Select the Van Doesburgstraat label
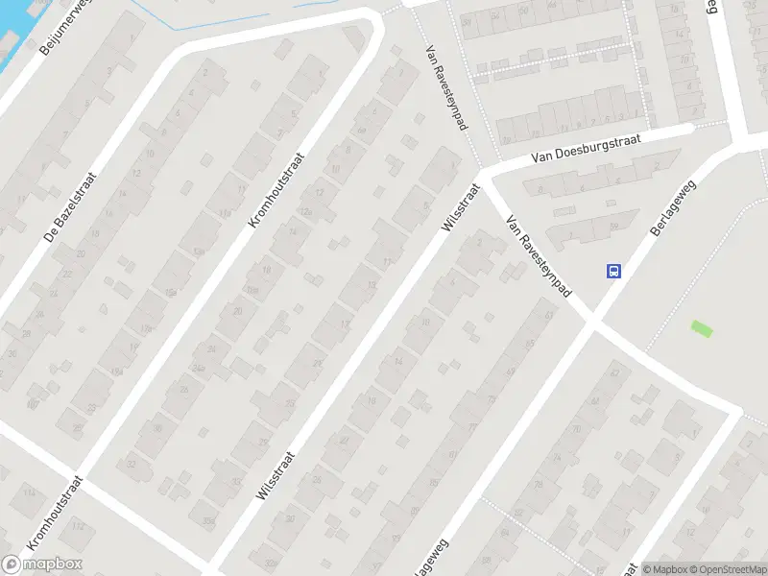(596, 149)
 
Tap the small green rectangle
(703, 328)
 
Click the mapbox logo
(42, 564)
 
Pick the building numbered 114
(29, 492)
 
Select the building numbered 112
(78, 527)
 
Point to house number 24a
(198, 368)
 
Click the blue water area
(14, 38)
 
